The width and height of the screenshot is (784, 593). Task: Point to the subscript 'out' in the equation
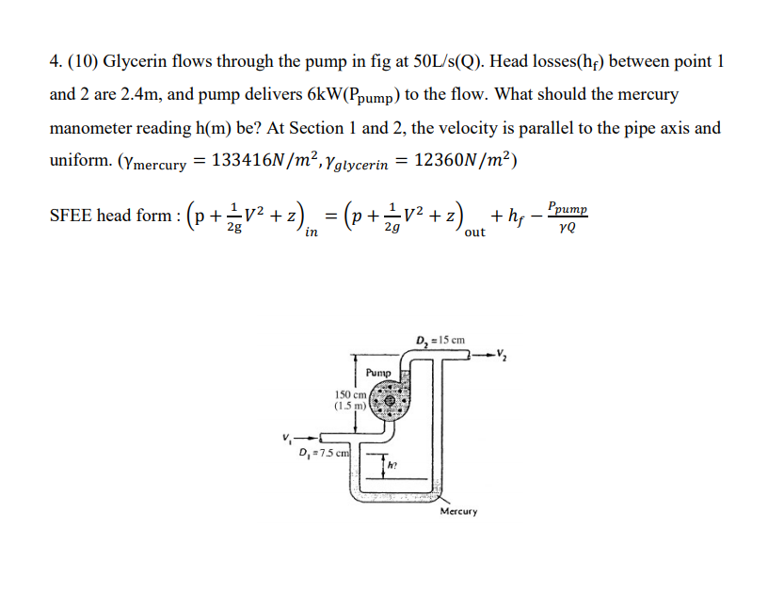(474, 232)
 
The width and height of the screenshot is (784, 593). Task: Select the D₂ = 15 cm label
(440, 340)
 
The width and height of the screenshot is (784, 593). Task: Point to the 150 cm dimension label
(348, 393)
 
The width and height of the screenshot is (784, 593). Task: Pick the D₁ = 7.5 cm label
(322, 454)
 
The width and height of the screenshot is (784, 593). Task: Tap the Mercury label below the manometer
(458, 511)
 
